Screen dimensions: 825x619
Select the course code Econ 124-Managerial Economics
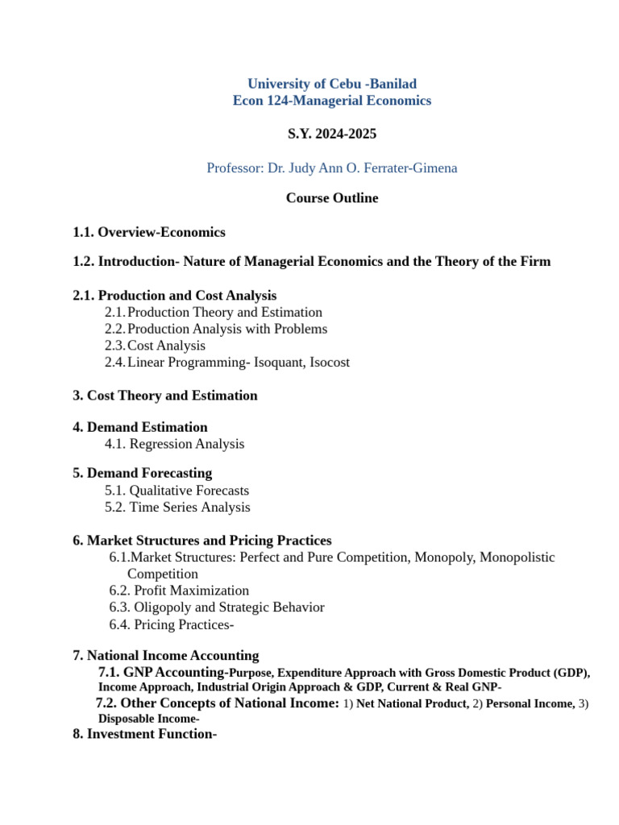[x=331, y=101]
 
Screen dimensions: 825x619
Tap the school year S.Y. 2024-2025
[x=331, y=134]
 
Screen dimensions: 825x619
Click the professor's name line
[x=331, y=168]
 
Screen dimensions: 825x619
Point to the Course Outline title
[x=331, y=198]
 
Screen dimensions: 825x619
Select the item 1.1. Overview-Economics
[x=149, y=232]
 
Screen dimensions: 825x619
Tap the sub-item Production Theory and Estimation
[x=225, y=312]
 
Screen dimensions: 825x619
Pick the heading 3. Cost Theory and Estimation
[x=165, y=396]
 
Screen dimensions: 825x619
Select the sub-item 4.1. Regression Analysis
[x=174, y=444]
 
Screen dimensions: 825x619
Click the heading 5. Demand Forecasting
[x=143, y=473]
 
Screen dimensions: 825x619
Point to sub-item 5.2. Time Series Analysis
[x=177, y=508]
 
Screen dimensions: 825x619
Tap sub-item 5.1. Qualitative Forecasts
[x=177, y=491]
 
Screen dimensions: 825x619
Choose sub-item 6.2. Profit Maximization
[x=179, y=591]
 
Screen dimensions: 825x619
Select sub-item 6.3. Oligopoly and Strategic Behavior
[x=217, y=607]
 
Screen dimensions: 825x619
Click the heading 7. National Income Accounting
[x=166, y=656]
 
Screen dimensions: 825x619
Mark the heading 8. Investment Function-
[x=145, y=734]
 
